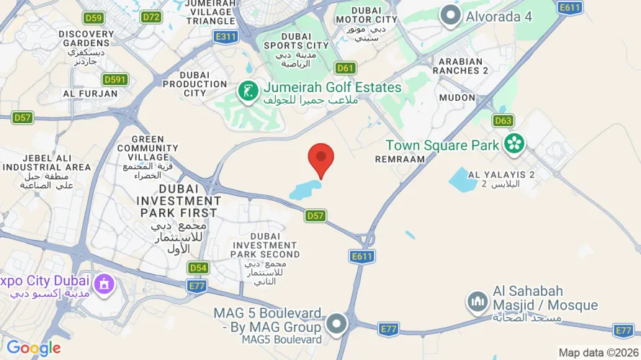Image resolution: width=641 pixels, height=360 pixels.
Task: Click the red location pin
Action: (x=321, y=158)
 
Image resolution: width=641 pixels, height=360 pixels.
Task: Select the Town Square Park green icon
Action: (x=514, y=144)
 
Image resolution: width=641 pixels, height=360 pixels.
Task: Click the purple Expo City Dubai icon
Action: (x=104, y=283)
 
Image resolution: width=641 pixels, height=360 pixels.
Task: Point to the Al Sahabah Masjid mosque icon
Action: (x=477, y=302)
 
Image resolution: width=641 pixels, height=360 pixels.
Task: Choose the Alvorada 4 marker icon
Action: (x=451, y=15)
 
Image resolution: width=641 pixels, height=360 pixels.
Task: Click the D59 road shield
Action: (x=94, y=18)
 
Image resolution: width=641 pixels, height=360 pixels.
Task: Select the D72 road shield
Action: (x=151, y=17)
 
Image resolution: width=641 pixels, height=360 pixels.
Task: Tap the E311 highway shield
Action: (x=225, y=37)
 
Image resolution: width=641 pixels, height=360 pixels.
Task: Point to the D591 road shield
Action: (x=115, y=79)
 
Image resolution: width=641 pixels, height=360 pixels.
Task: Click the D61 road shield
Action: (x=346, y=68)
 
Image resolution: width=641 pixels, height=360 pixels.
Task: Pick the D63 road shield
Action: (x=503, y=120)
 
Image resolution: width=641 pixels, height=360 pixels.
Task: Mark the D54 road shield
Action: (x=198, y=268)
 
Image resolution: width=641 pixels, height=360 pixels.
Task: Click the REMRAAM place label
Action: (x=400, y=158)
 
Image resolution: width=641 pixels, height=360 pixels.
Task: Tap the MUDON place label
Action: (x=457, y=97)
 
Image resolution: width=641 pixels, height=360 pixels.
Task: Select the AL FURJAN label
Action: (x=90, y=94)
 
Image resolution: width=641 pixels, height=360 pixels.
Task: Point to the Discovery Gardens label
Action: (x=86, y=38)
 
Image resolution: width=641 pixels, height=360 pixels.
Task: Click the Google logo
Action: (x=34, y=348)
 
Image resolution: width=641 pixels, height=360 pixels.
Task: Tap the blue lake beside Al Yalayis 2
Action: (x=462, y=179)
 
